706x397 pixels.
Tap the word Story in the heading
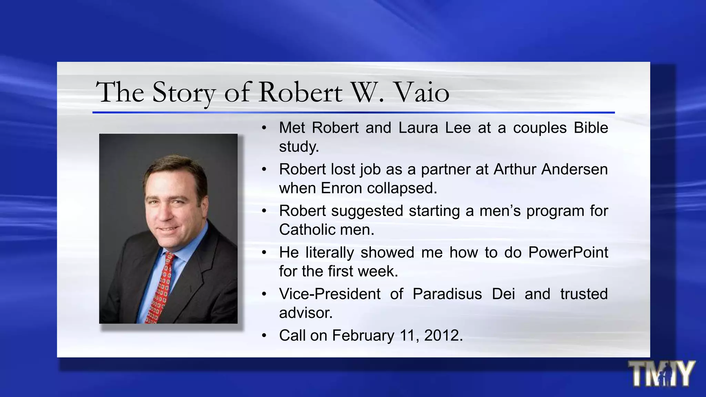click(184, 92)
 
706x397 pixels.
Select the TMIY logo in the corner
click(661, 374)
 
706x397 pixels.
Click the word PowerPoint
click(568, 252)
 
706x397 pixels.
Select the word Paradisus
click(447, 294)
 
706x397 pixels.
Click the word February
click(363, 336)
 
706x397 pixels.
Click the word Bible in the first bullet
click(591, 128)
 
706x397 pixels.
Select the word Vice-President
click(330, 294)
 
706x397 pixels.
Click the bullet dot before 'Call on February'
click(264, 336)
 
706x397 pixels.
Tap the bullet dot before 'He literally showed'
click(264, 253)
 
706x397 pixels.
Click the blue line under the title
click(353, 112)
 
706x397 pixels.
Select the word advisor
click(305, 313)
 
